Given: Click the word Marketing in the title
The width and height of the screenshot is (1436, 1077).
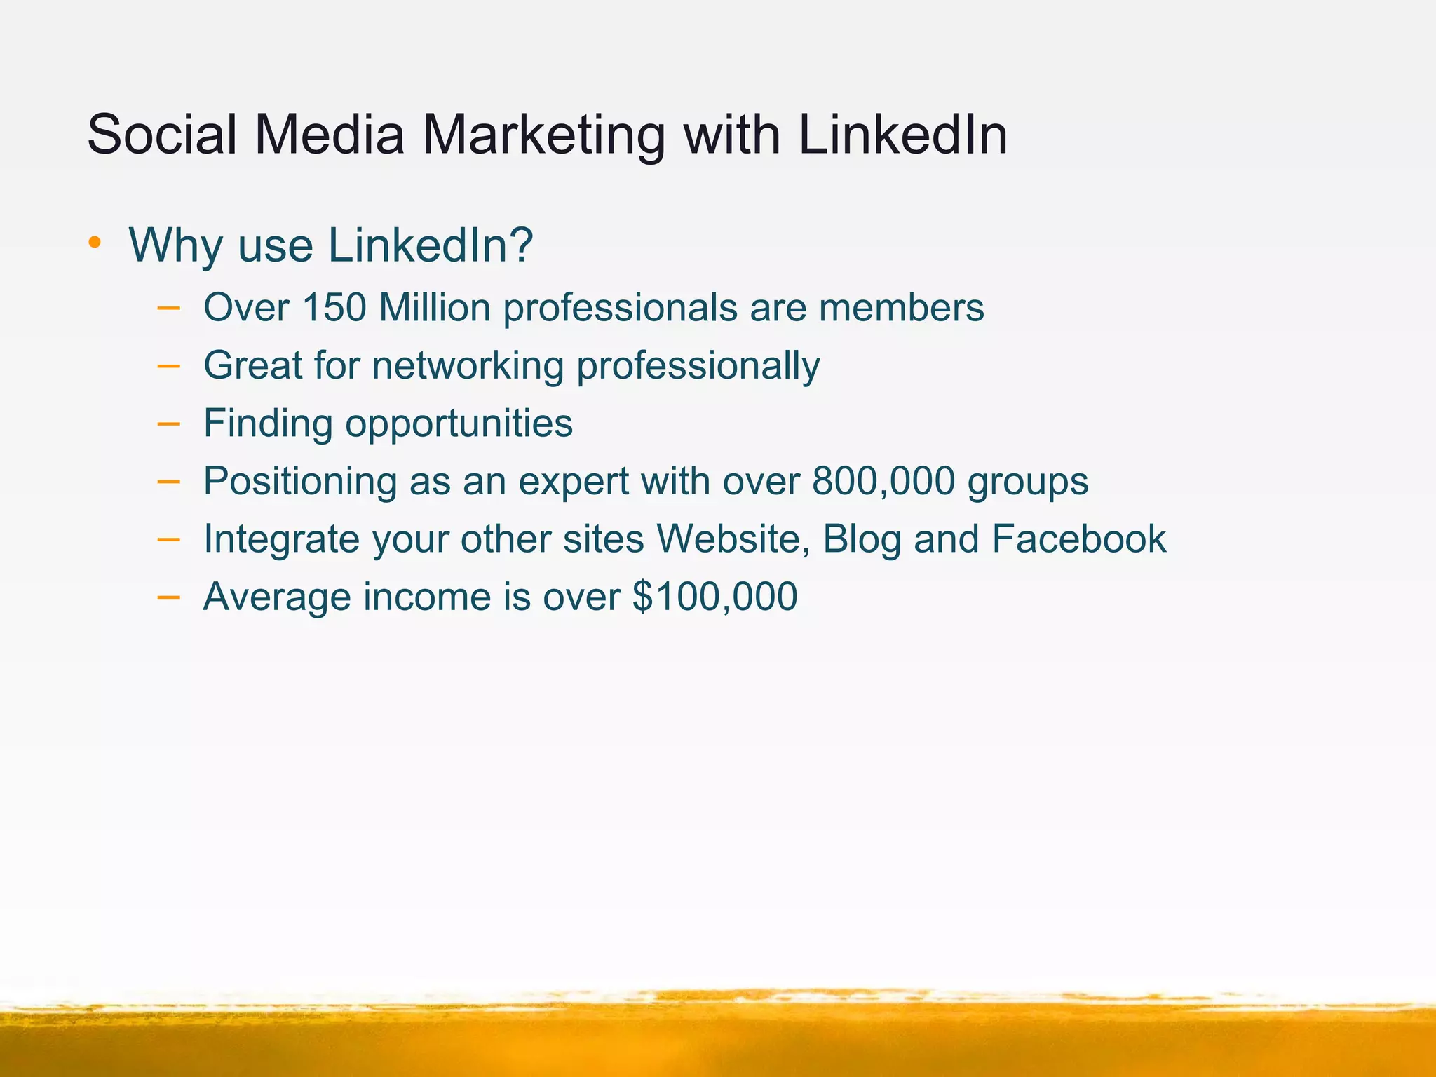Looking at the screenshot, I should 543,135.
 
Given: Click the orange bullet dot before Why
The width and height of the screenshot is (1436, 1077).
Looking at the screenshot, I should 95,243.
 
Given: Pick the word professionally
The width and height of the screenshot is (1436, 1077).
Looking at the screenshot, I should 698,366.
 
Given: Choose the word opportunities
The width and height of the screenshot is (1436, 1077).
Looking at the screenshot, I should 459,424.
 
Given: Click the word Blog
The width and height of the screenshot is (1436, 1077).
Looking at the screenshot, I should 862,540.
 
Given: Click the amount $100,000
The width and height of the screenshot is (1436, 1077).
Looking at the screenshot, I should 714,597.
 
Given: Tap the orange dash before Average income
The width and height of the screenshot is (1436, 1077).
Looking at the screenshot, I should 168,597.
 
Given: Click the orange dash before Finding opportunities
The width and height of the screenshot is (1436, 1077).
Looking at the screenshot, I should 168,424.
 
